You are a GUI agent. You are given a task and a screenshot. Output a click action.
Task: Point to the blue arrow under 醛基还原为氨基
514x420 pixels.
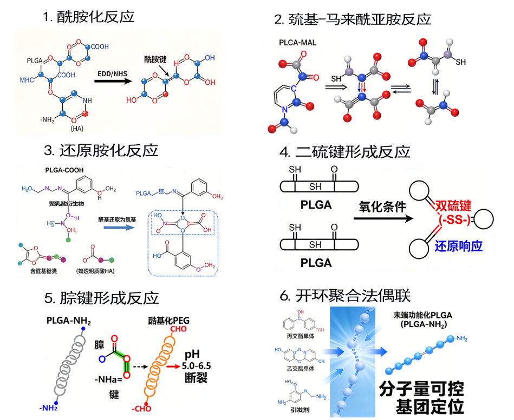118,228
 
